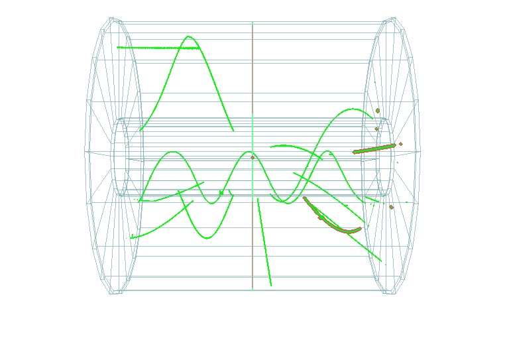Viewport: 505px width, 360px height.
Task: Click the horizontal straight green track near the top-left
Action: coord(159,48)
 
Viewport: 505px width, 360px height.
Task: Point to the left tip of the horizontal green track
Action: coord(118,47)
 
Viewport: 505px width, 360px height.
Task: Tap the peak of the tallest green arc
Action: coord(190,36)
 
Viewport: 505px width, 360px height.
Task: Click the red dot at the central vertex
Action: coord(252,157)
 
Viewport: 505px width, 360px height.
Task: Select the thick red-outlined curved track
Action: coord(331,221)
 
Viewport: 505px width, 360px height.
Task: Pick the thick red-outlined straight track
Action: coord(374,149)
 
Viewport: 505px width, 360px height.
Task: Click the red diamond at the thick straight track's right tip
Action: coord(401,143)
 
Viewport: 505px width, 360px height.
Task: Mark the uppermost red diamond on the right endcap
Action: coord(378,110)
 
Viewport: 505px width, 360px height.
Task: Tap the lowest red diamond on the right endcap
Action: coord(391,208)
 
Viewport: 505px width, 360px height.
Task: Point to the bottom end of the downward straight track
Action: coord(271,286)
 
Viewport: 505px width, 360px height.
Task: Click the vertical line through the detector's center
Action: coord(252,86)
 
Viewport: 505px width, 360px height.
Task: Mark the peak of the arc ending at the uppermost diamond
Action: coord(347,109)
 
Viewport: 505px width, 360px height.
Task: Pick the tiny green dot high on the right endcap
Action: coord(376,82)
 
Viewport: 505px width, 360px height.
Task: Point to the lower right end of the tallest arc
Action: coord(233,131)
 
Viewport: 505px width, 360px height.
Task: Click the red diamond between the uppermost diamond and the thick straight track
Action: coord(376,129)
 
